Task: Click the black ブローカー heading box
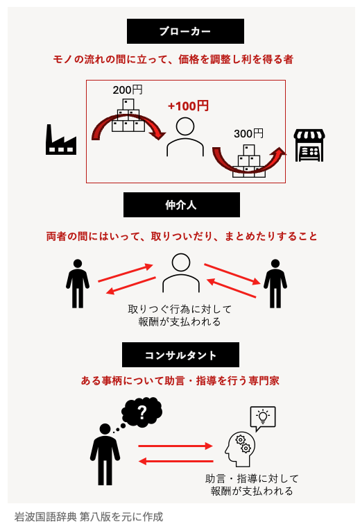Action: pos(185,31)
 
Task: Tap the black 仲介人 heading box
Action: pos(182,205)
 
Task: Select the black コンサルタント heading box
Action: pos(180,355)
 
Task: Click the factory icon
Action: pos(61,140)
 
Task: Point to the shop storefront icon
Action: pos(309,145)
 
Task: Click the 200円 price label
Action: pos(128,90)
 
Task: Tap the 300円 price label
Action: pos(248,133)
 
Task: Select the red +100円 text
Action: pos(189,106)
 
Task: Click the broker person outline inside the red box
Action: pos(185,137)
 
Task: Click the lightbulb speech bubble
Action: pos(263,419)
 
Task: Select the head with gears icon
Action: pos(240,448)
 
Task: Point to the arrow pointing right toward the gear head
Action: pos(175,446)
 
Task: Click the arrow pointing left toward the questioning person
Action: pos(176,461)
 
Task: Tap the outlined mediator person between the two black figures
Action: pos(181,273)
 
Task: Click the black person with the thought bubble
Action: pos(105,454)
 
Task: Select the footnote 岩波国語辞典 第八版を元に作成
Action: pos(89,517)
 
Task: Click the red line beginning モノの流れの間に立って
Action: pos(173,60)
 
